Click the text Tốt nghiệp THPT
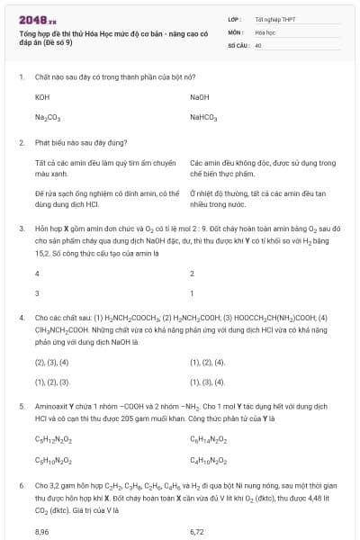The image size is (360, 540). (x=273, y=19)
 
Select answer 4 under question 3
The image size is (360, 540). (x=37, y=273)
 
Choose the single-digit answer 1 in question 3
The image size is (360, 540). (x=192, y=293)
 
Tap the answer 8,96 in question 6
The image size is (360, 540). (x=42, y=531)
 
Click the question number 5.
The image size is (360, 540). (x=21, y=407)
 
